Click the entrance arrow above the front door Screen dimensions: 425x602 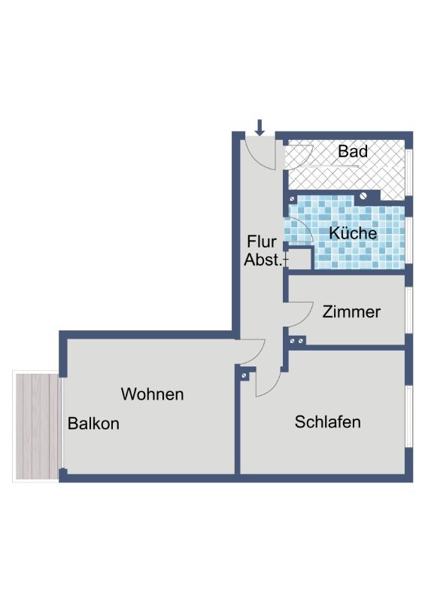pos(260,127)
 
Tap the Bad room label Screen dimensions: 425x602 pos(353,151)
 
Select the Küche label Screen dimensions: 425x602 pos(353,233)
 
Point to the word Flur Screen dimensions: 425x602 pos(262,242)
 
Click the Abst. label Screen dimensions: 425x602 pos(263,260)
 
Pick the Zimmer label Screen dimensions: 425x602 pos(351,312)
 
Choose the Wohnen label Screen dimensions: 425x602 pos(153,394)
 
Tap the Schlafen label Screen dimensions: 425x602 pos(327,422)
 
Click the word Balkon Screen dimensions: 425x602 pos(93,424)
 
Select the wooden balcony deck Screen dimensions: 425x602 pos(38,427)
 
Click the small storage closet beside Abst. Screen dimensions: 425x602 pos(299,259)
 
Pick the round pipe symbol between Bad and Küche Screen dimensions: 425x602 pos(363,196)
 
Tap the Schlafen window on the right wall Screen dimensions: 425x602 pos(409,416)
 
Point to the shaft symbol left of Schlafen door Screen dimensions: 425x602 pos(244,375)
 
